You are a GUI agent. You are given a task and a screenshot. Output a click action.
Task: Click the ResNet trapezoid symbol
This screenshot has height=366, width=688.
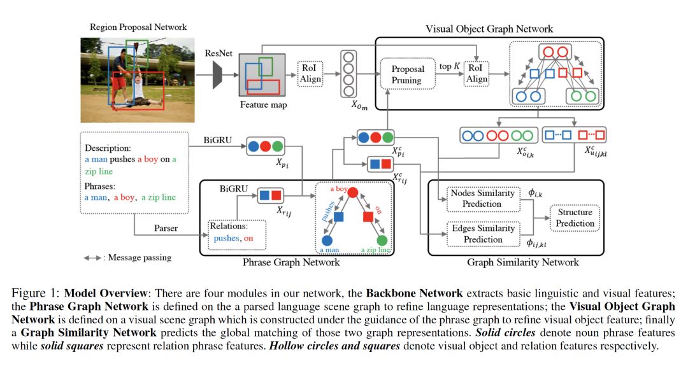[217, 76]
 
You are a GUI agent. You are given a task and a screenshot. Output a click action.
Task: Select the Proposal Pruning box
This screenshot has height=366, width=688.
[406, 74]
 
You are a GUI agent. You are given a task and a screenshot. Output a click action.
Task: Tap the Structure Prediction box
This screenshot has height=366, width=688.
[575, 218]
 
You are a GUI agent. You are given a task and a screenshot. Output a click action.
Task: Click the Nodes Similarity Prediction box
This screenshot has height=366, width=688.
[482, 198]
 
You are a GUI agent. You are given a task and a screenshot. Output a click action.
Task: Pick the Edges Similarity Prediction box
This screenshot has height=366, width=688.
[482, 234]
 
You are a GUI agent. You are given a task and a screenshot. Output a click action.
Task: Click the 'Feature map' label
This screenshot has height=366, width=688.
[263, 105]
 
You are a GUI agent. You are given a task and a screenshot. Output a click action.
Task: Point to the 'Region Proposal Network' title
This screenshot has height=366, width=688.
[138, 27]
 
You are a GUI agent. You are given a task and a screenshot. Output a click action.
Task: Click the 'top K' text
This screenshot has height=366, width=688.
[449, 66]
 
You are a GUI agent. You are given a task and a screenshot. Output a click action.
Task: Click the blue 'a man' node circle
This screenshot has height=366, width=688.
[327, 241]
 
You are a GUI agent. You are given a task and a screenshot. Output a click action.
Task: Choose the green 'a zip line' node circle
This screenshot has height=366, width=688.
[382, 241]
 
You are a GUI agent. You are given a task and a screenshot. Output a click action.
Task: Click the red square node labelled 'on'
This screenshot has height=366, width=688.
[368, 218]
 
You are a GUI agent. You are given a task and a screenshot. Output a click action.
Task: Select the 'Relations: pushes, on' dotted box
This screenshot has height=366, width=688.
[238, 233]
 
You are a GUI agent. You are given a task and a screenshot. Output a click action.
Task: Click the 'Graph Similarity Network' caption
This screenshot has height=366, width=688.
[523, 262]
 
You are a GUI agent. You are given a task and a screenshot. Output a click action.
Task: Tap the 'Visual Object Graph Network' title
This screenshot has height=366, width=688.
[489, 29]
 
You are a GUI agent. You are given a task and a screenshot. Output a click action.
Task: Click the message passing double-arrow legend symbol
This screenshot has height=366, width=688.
[94, 258]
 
